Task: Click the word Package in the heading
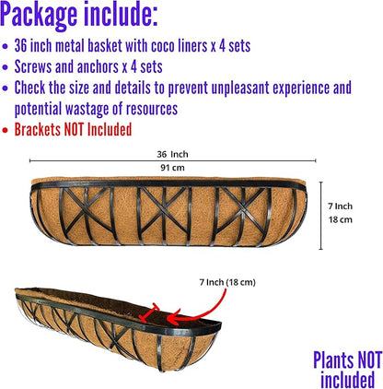click(x=39, y=15)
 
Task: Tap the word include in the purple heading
click(x=121, y=13)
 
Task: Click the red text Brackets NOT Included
click(x=73, y=129)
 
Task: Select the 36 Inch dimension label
click(x=172, y=154)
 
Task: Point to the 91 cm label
click(x=172, y=168)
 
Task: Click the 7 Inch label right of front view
click(x=340, y=206)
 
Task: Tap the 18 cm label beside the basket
click(x=341, y=219)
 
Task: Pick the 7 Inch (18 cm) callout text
click(x=227, y=282)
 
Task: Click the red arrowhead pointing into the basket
click(x=173, y=319)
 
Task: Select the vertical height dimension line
click(x=321, y=216)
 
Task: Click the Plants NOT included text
click(x=348, y=370)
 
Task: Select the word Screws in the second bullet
click(x=33, y=66)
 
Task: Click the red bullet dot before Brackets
click(x=5, y=130)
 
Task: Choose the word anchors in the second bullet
click(x=98, y=66)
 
